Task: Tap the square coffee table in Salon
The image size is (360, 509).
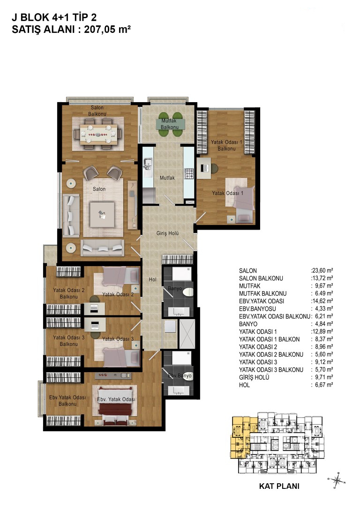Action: click(x=102, y=215)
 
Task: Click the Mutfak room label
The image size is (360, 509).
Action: click(x=167, y=178)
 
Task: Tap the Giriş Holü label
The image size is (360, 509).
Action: click(x=167, y=233)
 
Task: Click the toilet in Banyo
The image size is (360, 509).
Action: click(x=187, y=292)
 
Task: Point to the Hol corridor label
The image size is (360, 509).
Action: click(x=152, y=279)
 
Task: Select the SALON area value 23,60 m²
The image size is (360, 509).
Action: click(x=322, y=270)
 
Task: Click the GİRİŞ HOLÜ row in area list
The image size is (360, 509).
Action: click(x=286, y=377)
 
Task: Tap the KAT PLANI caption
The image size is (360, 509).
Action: click(x=279, y=486)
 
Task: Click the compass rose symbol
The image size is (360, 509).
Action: click(x=337, y=479)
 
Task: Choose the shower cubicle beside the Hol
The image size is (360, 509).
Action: click(x=187, y=334)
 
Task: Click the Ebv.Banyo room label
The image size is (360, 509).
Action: click(x=180, y=375)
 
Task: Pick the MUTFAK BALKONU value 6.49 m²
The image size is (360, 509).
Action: click(x=322, y=293)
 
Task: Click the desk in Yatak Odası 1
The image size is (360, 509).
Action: click(x=204, y=168)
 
